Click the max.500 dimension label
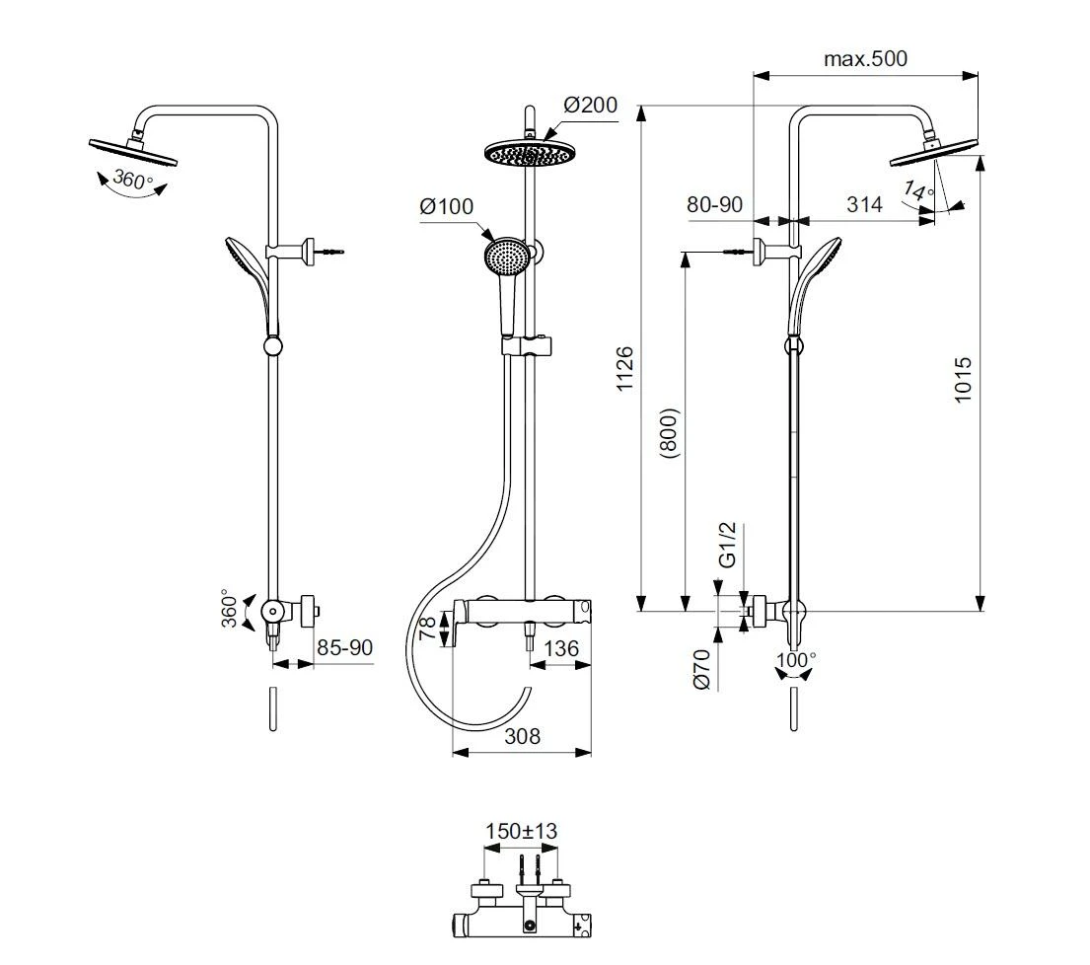[x=865, y=58]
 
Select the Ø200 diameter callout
[x=590, y=105]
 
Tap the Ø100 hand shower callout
[x=446, y=206]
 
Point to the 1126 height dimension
[x=625, y=368]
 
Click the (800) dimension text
[x=670, y=433]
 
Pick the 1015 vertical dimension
[x=962, y=380]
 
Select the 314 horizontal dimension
[x=864, y=204]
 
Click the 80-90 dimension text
[x=714, y=204]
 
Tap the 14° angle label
[x=917, y=189]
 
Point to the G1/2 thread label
[x=726, y=545]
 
